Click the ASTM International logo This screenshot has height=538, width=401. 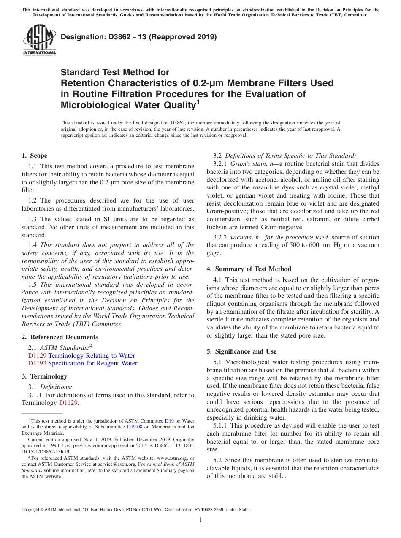[39, 40]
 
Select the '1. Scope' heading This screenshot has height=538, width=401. [34, 156]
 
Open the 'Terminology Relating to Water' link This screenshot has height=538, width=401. [92, 356]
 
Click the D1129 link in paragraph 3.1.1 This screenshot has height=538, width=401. [68, 403]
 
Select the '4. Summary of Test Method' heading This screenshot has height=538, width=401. [249, 269]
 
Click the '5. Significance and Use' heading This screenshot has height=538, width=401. [241, 351]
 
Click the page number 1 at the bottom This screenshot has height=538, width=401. [200, 519]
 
